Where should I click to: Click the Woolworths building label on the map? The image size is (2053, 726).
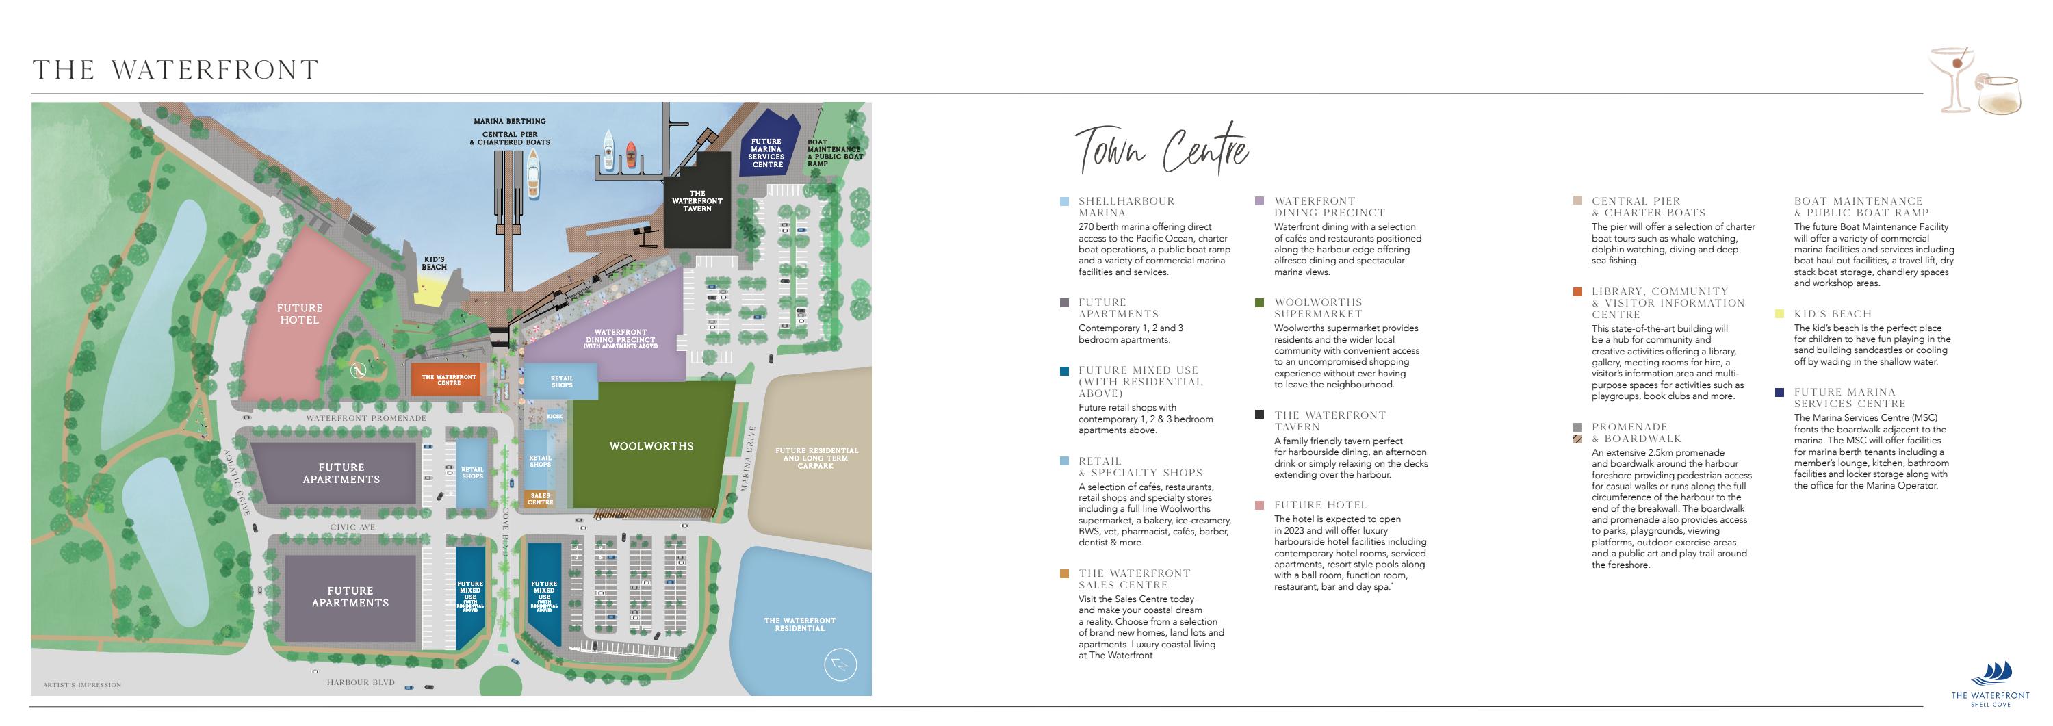coord(651,446)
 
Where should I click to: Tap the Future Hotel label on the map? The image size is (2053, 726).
coord(300,314)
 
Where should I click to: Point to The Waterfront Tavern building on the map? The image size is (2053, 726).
coord(697,200)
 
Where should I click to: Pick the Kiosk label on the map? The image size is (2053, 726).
coord(556,417)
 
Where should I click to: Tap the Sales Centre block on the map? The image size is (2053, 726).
coord(539,499)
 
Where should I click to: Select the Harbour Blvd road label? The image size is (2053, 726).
coord(361,683)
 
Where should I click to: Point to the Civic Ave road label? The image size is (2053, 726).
coord(353,528)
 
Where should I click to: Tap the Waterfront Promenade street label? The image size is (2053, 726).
coord(366,418)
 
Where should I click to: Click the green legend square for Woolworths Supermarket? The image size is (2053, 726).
coord(1259,303)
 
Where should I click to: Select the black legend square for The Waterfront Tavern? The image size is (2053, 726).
coord(1259,415)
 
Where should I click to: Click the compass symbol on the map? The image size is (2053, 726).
coord(838,664)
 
